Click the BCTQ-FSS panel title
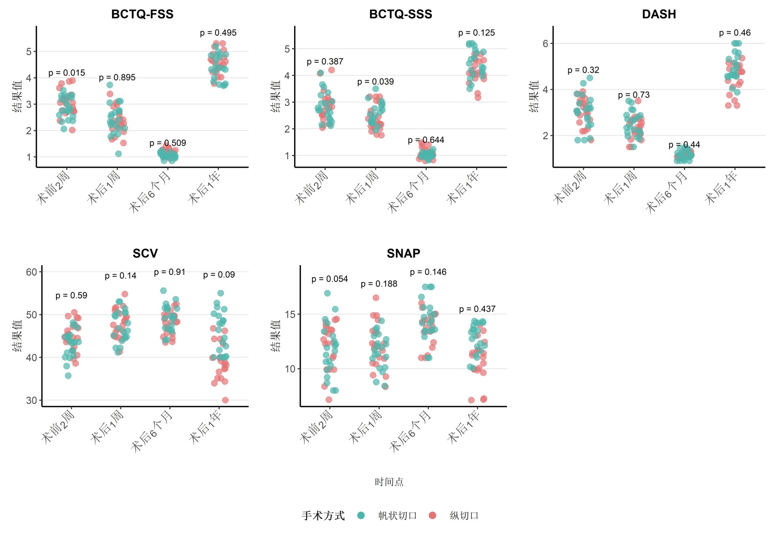coord(142,14)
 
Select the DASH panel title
coord(659,14)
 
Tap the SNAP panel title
coord(403,253)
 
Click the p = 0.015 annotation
coord(67,73)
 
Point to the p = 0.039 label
coord(375,82)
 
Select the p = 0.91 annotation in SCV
coord(169,272)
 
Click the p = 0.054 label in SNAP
coord(330,279)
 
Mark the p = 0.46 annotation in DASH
coord(735,33)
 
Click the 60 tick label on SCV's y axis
coord(32,272)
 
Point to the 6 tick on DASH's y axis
coord(545,43)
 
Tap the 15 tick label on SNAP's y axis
coord(290,314)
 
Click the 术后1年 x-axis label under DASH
coord(722,188)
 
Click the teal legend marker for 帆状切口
coord(361,515)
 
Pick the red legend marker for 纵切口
coord(432,515)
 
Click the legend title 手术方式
coord(323,515)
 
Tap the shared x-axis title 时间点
coord(389,482)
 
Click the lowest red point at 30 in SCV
coord(225,400)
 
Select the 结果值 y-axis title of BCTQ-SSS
coord(276,96)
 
